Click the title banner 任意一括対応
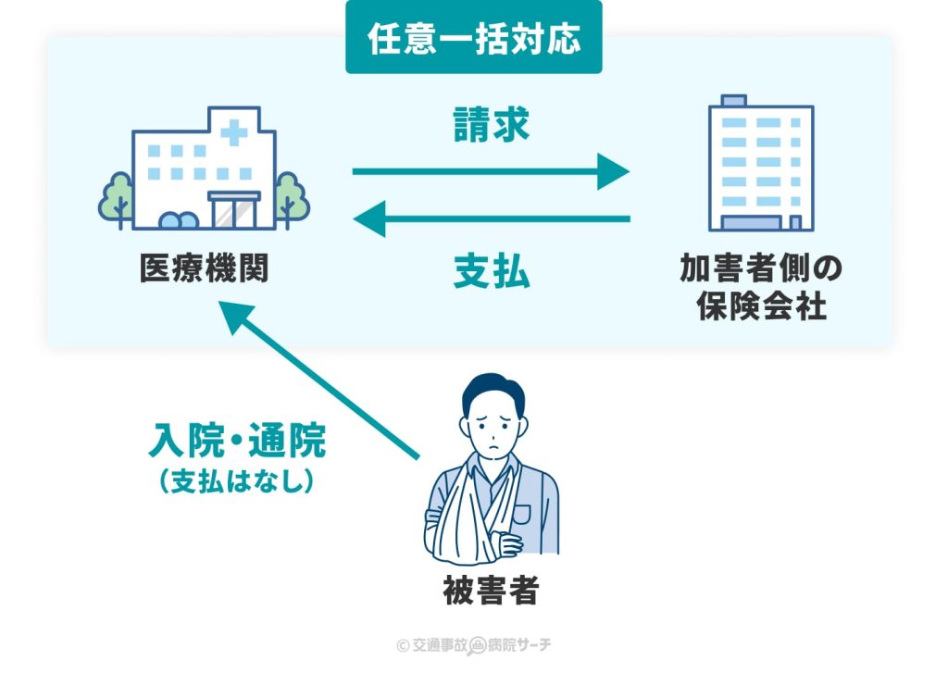coord(473,38)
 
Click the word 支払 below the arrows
coord(491,274)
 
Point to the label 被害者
coord(491,593)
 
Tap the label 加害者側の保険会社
coord(761,287)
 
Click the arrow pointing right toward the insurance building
coord(491,171)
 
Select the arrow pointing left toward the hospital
coord(491,219)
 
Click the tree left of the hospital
coord(117,197)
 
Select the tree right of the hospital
coord(291,197)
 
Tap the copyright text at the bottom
coord(473,645)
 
